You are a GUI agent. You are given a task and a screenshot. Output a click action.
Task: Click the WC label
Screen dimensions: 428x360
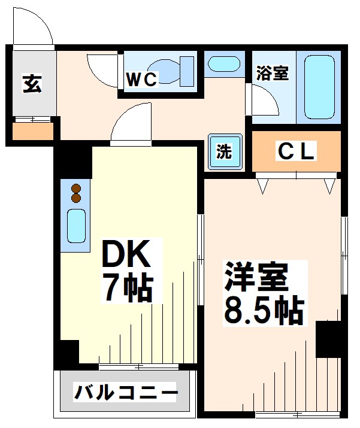tap(142, 79)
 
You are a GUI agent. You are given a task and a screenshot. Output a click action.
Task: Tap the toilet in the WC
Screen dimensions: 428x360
tap(174, 71)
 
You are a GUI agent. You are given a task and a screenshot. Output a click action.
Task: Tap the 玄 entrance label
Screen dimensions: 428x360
tap(32, 84)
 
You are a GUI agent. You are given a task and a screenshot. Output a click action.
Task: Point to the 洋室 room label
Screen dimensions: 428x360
tap(258, 277)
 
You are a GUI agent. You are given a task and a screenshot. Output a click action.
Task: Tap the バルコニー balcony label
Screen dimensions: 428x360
tap(126, 394)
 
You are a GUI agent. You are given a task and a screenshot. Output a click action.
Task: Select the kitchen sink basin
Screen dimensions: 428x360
tap(76, 224)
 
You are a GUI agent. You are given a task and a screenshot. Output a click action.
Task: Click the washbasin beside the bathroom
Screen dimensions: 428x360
tap(223, 63)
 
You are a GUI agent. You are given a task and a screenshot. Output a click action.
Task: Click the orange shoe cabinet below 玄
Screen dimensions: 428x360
tap(33, 132)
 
